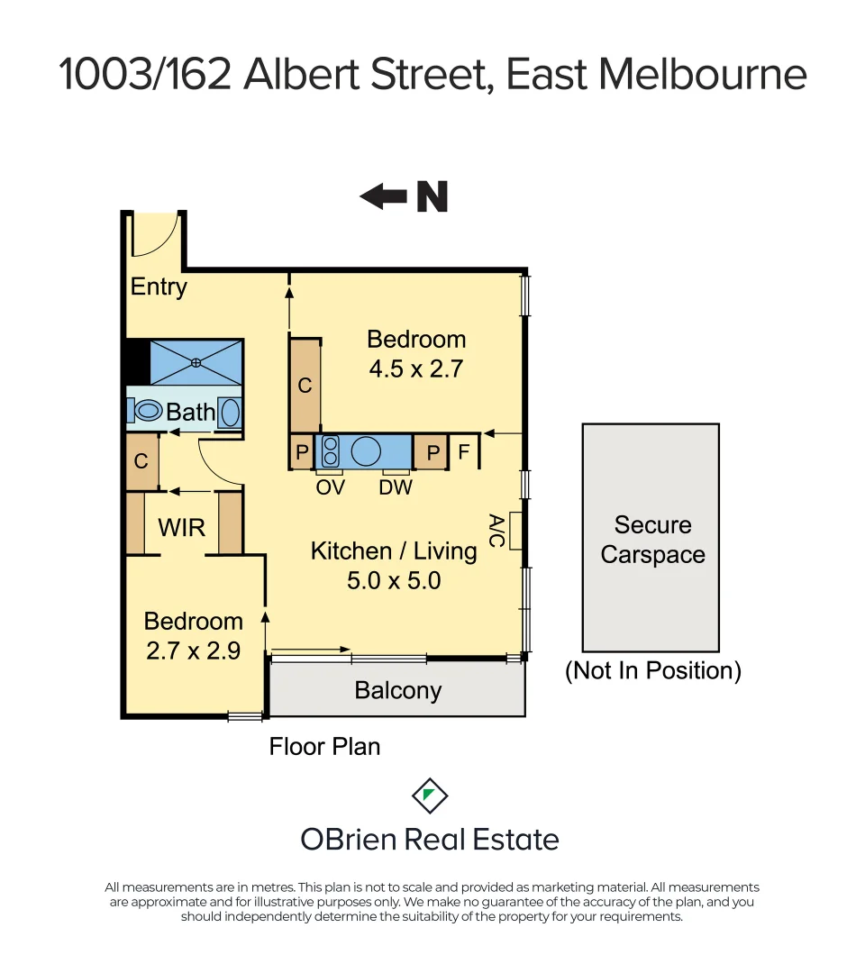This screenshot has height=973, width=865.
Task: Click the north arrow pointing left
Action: pyautogui.click(x=383, y=196)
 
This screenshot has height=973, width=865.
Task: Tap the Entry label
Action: pyautogui.click(x=159, y=287)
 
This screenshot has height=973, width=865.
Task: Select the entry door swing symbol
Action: pyautogui.click(x=154, y=235)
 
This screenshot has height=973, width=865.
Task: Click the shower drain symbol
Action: pyautogui.click(x=196, y=362)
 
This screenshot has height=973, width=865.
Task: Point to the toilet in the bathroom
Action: pyautogui.click(x=145, y=411)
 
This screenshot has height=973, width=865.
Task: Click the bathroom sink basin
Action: pyautogui.click(x=230, y=412)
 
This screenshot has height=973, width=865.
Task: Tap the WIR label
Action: pyautogui.click(x=182, y=527)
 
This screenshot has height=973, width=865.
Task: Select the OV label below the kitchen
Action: pyautogui.click(x=331, y=488)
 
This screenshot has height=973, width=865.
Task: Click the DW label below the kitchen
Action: pyautogui.click(x=396, y=488)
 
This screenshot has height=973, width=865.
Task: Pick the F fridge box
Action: pyautogui.click(x=464, y=451)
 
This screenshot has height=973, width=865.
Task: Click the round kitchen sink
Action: pyautogui.click(x=367, y=451)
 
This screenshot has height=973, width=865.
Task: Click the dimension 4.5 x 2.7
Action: pyautogui.click(x=415, y=368)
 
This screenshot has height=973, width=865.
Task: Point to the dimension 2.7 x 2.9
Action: pyautogui.click(x=194, y=650)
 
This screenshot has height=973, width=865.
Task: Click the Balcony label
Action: pyautogui.click(x=397, y=691)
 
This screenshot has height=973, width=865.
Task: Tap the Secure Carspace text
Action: pyautogui.click(x=652, y=540)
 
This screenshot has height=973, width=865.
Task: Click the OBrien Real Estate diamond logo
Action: pyautogui.click(x=430, y=795)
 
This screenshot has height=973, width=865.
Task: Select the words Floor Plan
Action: pyautogui.click(x=324, y=747)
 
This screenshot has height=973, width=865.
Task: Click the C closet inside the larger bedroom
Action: pyautogui.click(x=305, y=386)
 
